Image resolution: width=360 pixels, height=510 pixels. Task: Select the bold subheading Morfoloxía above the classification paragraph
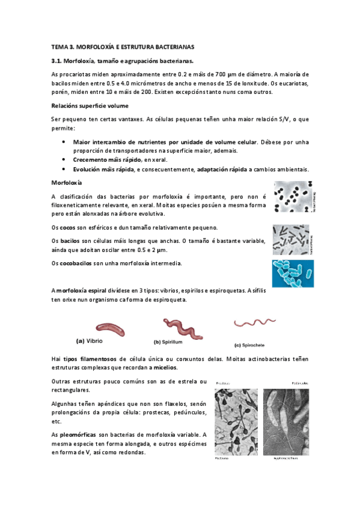pos(67,182)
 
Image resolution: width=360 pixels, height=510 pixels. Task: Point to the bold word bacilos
pos(71,241)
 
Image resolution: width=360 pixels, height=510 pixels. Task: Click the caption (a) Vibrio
pos(90,341)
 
